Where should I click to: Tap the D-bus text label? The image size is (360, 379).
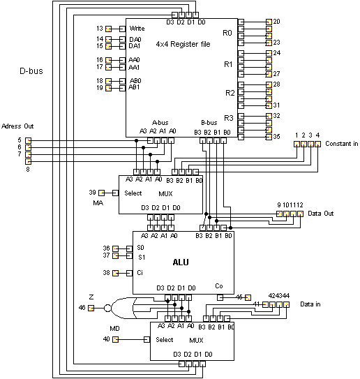[x=31, y=71]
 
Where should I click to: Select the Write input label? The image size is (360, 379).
[x=137, y=29]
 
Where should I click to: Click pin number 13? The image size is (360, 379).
[x=100, y=29]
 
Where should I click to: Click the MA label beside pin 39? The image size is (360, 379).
[x=98, y=203]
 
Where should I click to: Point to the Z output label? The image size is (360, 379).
[x=91, y=297]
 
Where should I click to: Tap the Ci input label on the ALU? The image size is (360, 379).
[x=140, y=272]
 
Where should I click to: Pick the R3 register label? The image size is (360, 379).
[x=227, y=117]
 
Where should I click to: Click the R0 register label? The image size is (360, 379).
[x=227, y=33]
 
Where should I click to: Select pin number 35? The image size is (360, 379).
[x=276, y=137]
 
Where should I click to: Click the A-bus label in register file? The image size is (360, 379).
[x=159, y=121]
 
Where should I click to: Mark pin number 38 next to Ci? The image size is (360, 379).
[x=107, y=272]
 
